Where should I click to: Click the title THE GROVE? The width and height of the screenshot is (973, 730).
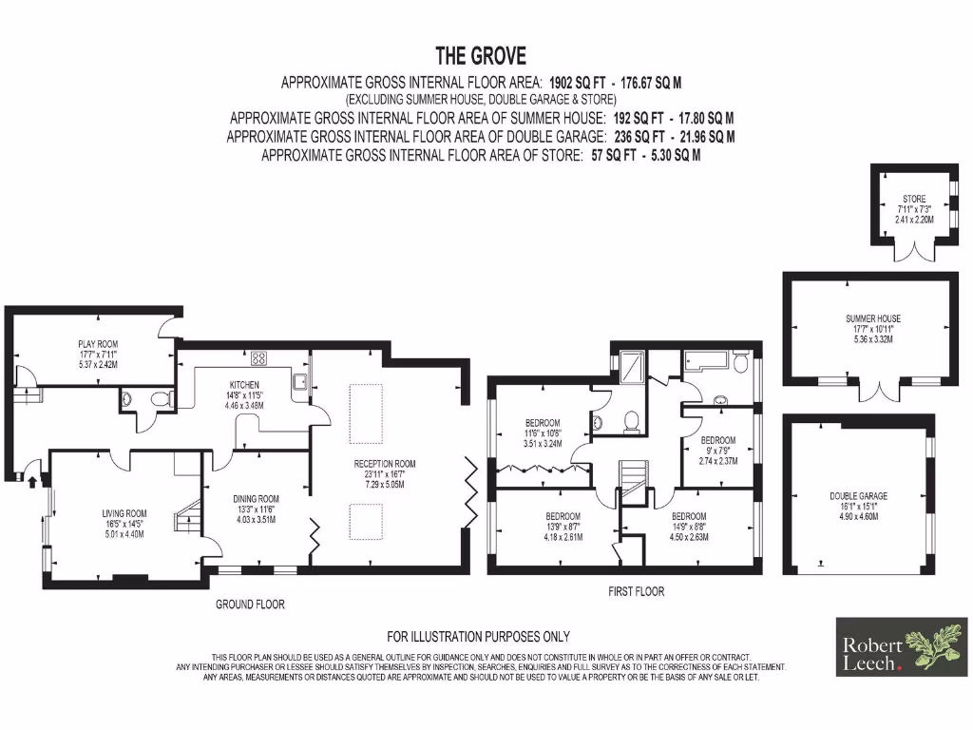480,56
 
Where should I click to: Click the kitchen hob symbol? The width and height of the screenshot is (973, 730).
258,357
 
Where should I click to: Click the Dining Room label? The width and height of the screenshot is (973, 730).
257,508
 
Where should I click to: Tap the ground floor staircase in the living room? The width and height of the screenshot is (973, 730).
184,518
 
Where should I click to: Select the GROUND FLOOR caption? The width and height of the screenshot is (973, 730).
250,604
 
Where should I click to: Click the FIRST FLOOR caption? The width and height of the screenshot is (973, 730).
636,591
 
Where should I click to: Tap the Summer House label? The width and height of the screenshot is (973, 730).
873,328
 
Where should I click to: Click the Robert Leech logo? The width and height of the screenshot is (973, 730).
902,647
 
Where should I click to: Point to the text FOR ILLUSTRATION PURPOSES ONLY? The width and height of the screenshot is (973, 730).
478,636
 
